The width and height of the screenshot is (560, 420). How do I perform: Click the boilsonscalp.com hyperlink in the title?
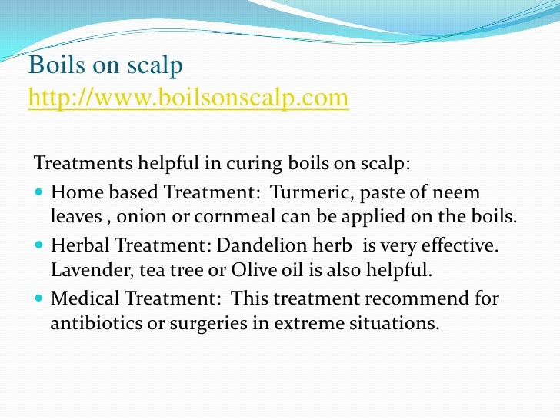click(188, 99)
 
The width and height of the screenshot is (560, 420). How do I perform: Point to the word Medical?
click(80, 298)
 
